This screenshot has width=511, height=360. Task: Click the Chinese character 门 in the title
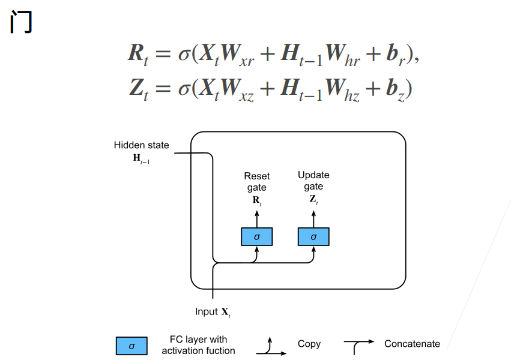(x=22, y=22)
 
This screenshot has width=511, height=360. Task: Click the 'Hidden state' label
(x=142, y=145)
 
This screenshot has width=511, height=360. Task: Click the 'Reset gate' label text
(x=257, y=182)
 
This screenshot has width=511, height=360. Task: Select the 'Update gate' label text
(x=313, y=181)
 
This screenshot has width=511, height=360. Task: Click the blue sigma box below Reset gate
(x=257, y=237)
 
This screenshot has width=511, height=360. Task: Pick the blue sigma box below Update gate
(x=313, y=237)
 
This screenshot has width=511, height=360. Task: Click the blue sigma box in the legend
(x=132, y=346)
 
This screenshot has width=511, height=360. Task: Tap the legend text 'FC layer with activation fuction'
(x=198, y=345)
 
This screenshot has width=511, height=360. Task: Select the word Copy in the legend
(x=309, y=344)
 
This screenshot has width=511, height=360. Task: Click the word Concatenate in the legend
(x=412, y=344)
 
